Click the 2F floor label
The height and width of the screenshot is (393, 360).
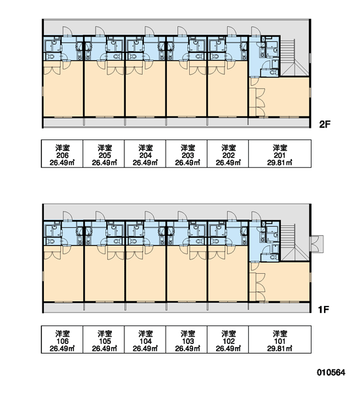[325, 124]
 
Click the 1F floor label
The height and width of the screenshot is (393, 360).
[323, 310]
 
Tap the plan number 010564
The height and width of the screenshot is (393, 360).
[331, 373]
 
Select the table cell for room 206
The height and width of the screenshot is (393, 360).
[62, 154]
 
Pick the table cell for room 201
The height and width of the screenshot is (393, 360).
[280, 154]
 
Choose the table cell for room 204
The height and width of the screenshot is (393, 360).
[145, 154]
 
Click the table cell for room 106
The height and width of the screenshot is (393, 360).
[62, 339]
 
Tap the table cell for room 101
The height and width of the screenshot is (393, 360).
[280, 339]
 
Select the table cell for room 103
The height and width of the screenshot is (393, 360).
[187, 339]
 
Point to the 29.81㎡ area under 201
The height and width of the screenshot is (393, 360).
[279, 163]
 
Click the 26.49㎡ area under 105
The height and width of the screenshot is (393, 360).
[105, 348]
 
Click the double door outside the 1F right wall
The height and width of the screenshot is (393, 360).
[316, 244]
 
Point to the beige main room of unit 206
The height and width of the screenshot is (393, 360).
[63, 93]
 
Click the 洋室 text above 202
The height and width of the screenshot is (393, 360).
[228, 148]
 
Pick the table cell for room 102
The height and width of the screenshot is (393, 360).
[228, 339]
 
